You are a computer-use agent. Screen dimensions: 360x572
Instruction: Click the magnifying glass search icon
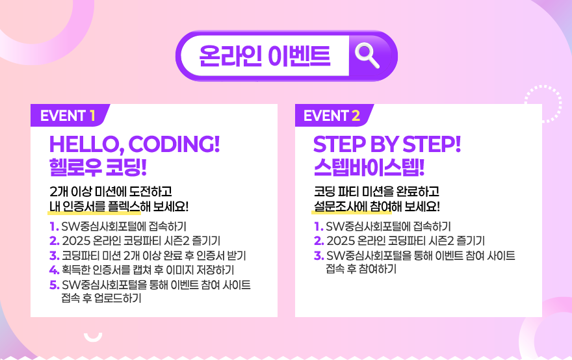[x=369, y=55]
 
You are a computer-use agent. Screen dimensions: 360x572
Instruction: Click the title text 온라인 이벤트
[x=265, y=56]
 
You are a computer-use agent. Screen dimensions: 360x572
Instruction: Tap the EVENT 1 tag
[x=68, y=116]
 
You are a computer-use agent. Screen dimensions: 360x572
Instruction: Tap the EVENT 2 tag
[x=331, y=116]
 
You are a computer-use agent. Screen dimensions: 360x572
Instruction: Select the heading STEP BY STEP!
[x=387, y=144]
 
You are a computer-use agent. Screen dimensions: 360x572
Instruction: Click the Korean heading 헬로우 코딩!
[x=98, y=166]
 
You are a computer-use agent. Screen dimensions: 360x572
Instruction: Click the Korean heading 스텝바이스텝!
[x=369, y=166]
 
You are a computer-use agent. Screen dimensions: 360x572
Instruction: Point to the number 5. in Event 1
[x=54, y=285]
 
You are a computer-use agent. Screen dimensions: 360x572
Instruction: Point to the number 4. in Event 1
[x=54, y=270]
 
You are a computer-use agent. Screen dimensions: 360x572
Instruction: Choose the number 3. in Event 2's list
[x=318, y=255]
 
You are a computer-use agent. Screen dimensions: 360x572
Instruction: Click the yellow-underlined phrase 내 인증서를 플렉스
[x=94, y=207]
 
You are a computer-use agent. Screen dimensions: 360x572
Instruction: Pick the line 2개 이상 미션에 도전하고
[x=110, y=192]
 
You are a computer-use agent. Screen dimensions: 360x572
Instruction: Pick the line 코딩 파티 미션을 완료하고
[x=376, y=192]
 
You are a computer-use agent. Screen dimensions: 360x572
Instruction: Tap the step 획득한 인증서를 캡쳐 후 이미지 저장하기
[x=148, y=270]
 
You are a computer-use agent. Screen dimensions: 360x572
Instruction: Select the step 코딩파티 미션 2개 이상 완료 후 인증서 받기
[x=153, y=255]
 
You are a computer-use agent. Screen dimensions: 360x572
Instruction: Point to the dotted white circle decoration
[x=542, y=103]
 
